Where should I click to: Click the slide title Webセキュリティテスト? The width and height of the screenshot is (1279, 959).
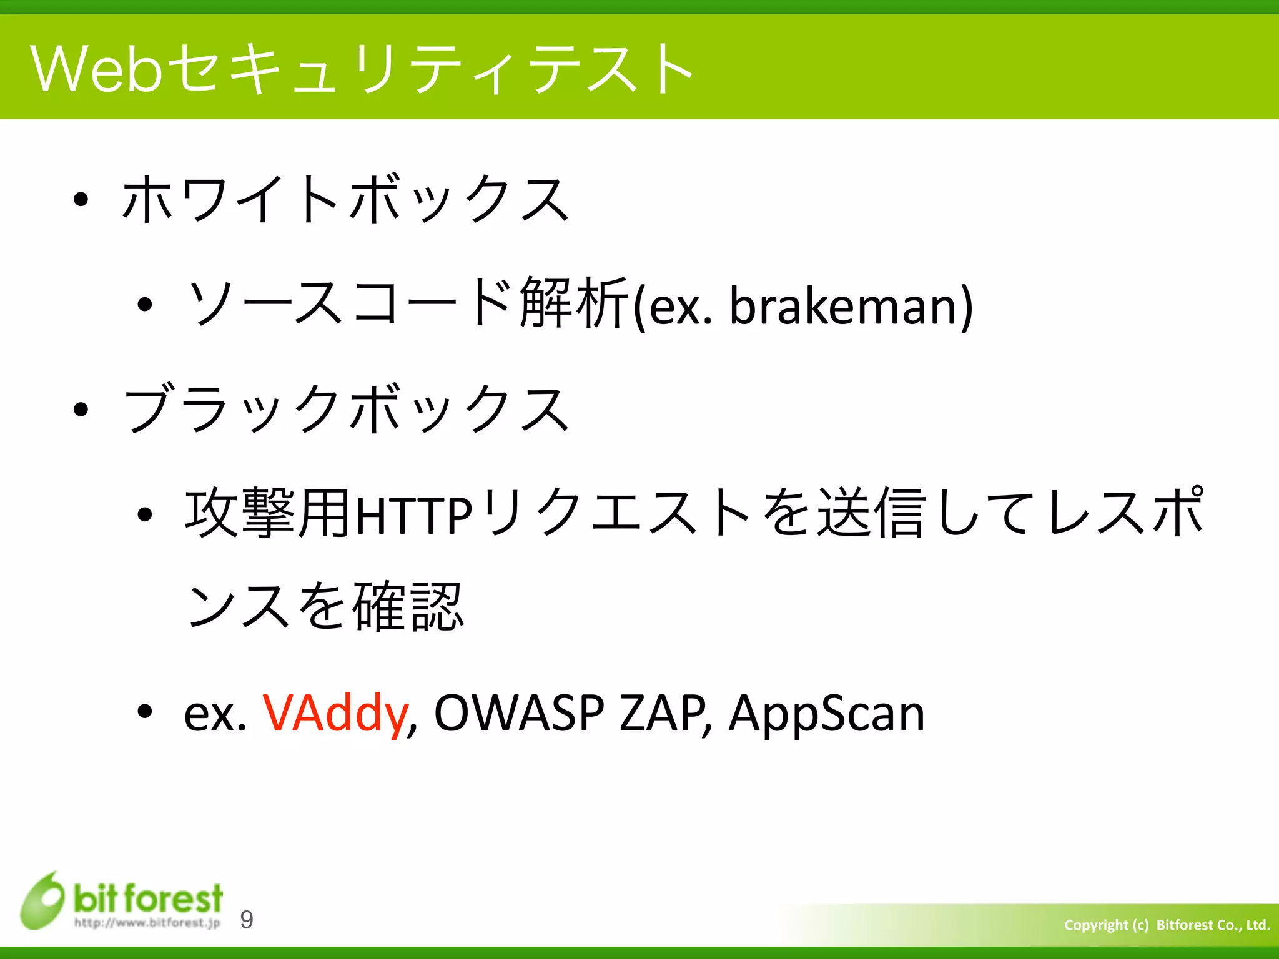362,69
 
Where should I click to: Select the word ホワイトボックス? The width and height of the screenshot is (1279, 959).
345,200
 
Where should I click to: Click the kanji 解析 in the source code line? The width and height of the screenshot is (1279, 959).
573,304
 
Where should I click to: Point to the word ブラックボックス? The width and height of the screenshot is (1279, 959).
345,410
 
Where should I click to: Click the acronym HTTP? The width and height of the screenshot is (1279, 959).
413,516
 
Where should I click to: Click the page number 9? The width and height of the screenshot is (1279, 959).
247,919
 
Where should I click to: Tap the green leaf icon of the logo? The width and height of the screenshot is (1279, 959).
42,901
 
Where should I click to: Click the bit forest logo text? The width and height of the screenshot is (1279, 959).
148,898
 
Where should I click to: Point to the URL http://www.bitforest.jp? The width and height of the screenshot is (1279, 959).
147,923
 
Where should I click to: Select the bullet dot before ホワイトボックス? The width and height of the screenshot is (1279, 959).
81,200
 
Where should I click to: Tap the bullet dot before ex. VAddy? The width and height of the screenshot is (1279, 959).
145,711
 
